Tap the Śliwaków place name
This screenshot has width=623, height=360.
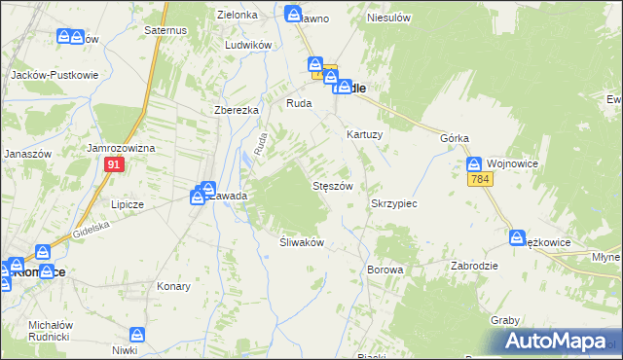pyautogui.click(x=301, y=242)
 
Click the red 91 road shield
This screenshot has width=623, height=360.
pyautogui.click(x=114, y=166)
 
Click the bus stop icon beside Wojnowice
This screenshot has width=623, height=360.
pyautogui.click(x=473, y=164)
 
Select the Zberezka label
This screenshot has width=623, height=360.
pyautogui.click(x=236, y=110)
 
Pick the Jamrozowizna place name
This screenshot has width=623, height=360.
pyautogui.click(x=122, y=148)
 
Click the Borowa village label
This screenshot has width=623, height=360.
pyautogui.click(x=385, y=270)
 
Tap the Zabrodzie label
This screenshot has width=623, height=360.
pyautogui.click(x=475, y=266)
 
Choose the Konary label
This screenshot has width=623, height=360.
pyautogui.click(x=173, y=287)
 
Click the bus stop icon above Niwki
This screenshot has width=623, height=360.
pyautogui.click(x=137, y=334)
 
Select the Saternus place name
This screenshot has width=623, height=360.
pyautogui.click(x=165, y=31)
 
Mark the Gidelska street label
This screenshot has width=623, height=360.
pyautogui.click(x=93, y=231)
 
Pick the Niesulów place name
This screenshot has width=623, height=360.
pyautogui.click(x=385, y=18)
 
